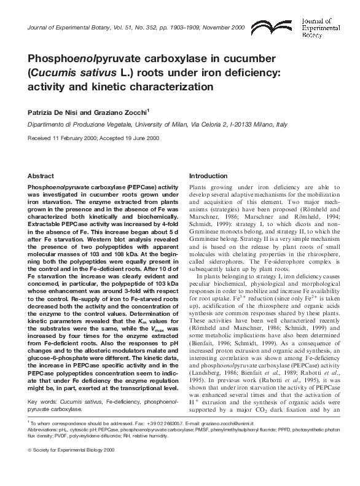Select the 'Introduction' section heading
(209, 175)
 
